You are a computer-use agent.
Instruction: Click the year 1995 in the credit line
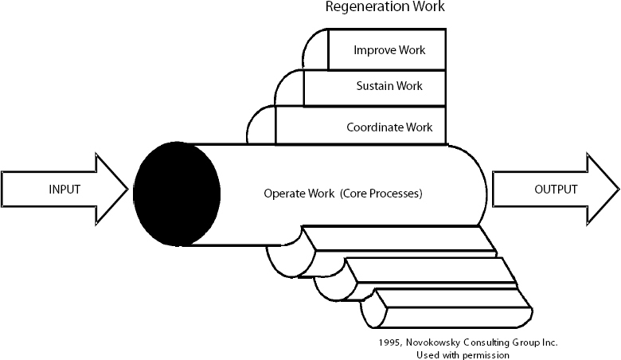click(x=390, y=342)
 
